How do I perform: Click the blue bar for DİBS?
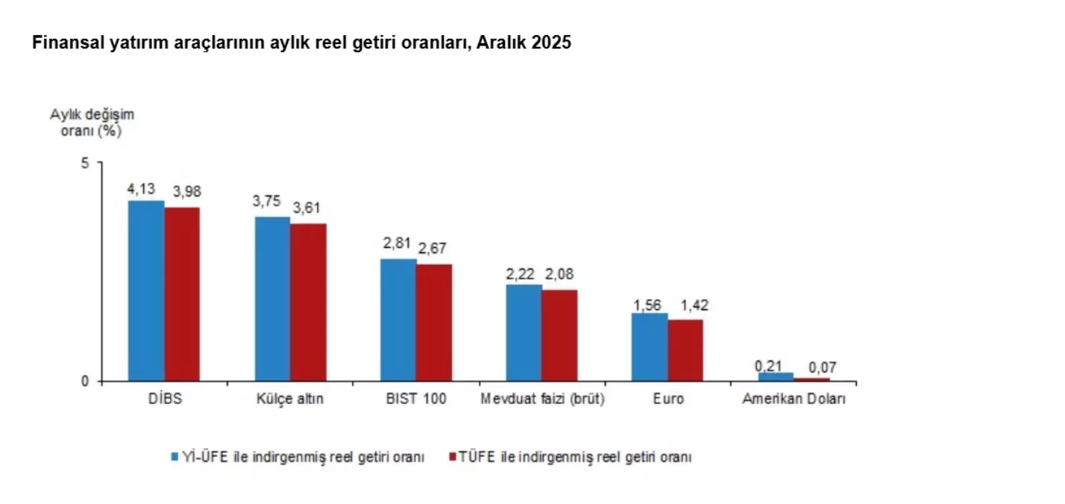[145, 291]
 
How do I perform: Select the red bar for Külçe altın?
[308, 302]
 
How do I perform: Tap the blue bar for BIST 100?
[398, 320]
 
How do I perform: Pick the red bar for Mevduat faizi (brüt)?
[559, 335]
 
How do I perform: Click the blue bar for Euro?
[650, 347]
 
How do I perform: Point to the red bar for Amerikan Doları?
[811, 379]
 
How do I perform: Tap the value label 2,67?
[433, 249]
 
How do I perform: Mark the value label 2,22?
[523, 274]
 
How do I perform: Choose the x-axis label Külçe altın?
[290, 399]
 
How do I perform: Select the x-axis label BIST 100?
[416, 399]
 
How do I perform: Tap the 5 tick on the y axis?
[84, 164]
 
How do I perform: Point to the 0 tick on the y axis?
[84, 382]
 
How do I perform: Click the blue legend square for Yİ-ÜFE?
[174, 457]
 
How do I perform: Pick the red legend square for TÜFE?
[453, 457]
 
